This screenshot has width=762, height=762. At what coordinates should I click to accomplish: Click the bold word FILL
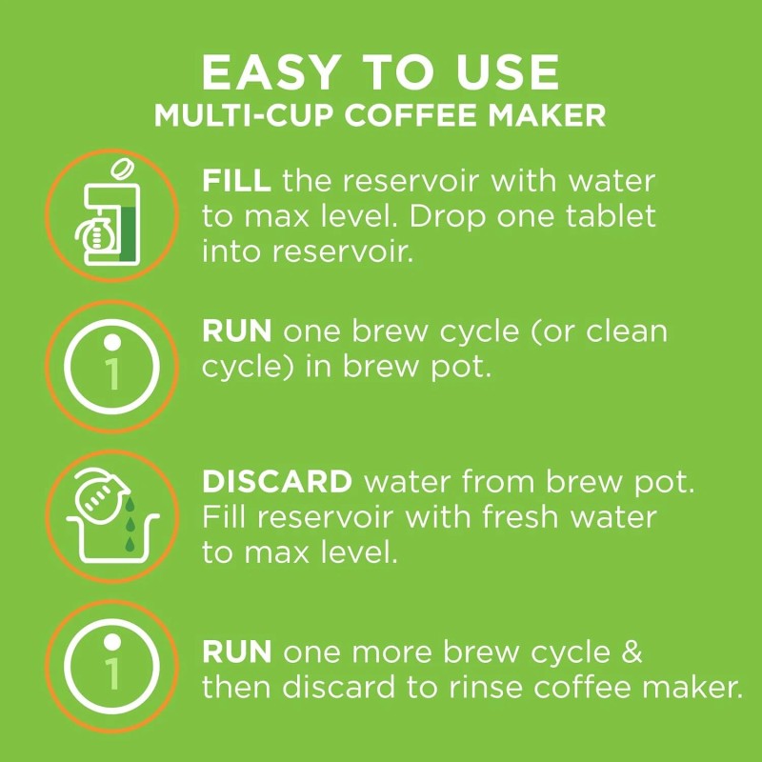point(226,181)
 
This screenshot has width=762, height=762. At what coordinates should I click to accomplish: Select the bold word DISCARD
point(276,482)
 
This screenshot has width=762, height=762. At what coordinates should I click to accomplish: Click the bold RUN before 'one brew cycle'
point(236,331)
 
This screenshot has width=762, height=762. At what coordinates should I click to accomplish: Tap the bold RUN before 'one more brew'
point(236,653)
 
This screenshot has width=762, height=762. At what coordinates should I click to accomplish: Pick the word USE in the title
point(510,73)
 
